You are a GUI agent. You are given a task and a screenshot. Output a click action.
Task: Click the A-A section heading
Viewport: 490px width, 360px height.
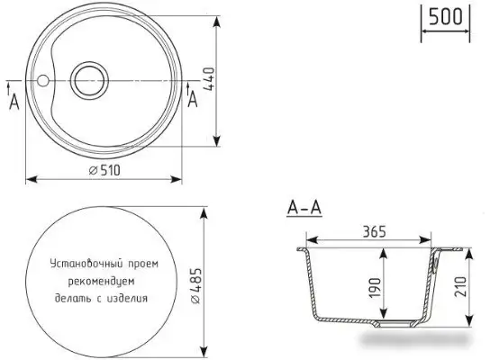(x=304, y=209)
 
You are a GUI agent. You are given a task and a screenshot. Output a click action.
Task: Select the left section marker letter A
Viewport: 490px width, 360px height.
(x=14, y=103)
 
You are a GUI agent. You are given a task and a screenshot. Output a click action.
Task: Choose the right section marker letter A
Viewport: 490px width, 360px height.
(x=192, y=101)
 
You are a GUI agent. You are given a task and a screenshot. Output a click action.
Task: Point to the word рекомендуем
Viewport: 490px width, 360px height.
(x=104, y=280)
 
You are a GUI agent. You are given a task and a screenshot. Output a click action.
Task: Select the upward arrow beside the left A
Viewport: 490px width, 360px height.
(x=8, y=87)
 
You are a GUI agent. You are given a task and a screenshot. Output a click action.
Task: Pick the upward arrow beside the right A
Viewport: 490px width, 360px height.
(x=186, y=87)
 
